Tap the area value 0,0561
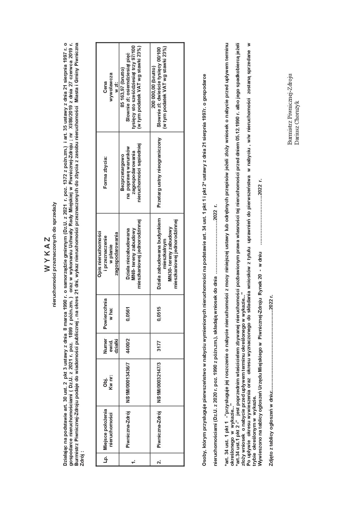click(x=128, y=313)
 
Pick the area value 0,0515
click(x=159, y=313)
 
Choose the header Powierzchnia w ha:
click(x=107, y=313)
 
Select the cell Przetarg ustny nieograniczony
click(x=159, y=172)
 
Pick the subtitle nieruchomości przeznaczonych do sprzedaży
click(x=55, y=255)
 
